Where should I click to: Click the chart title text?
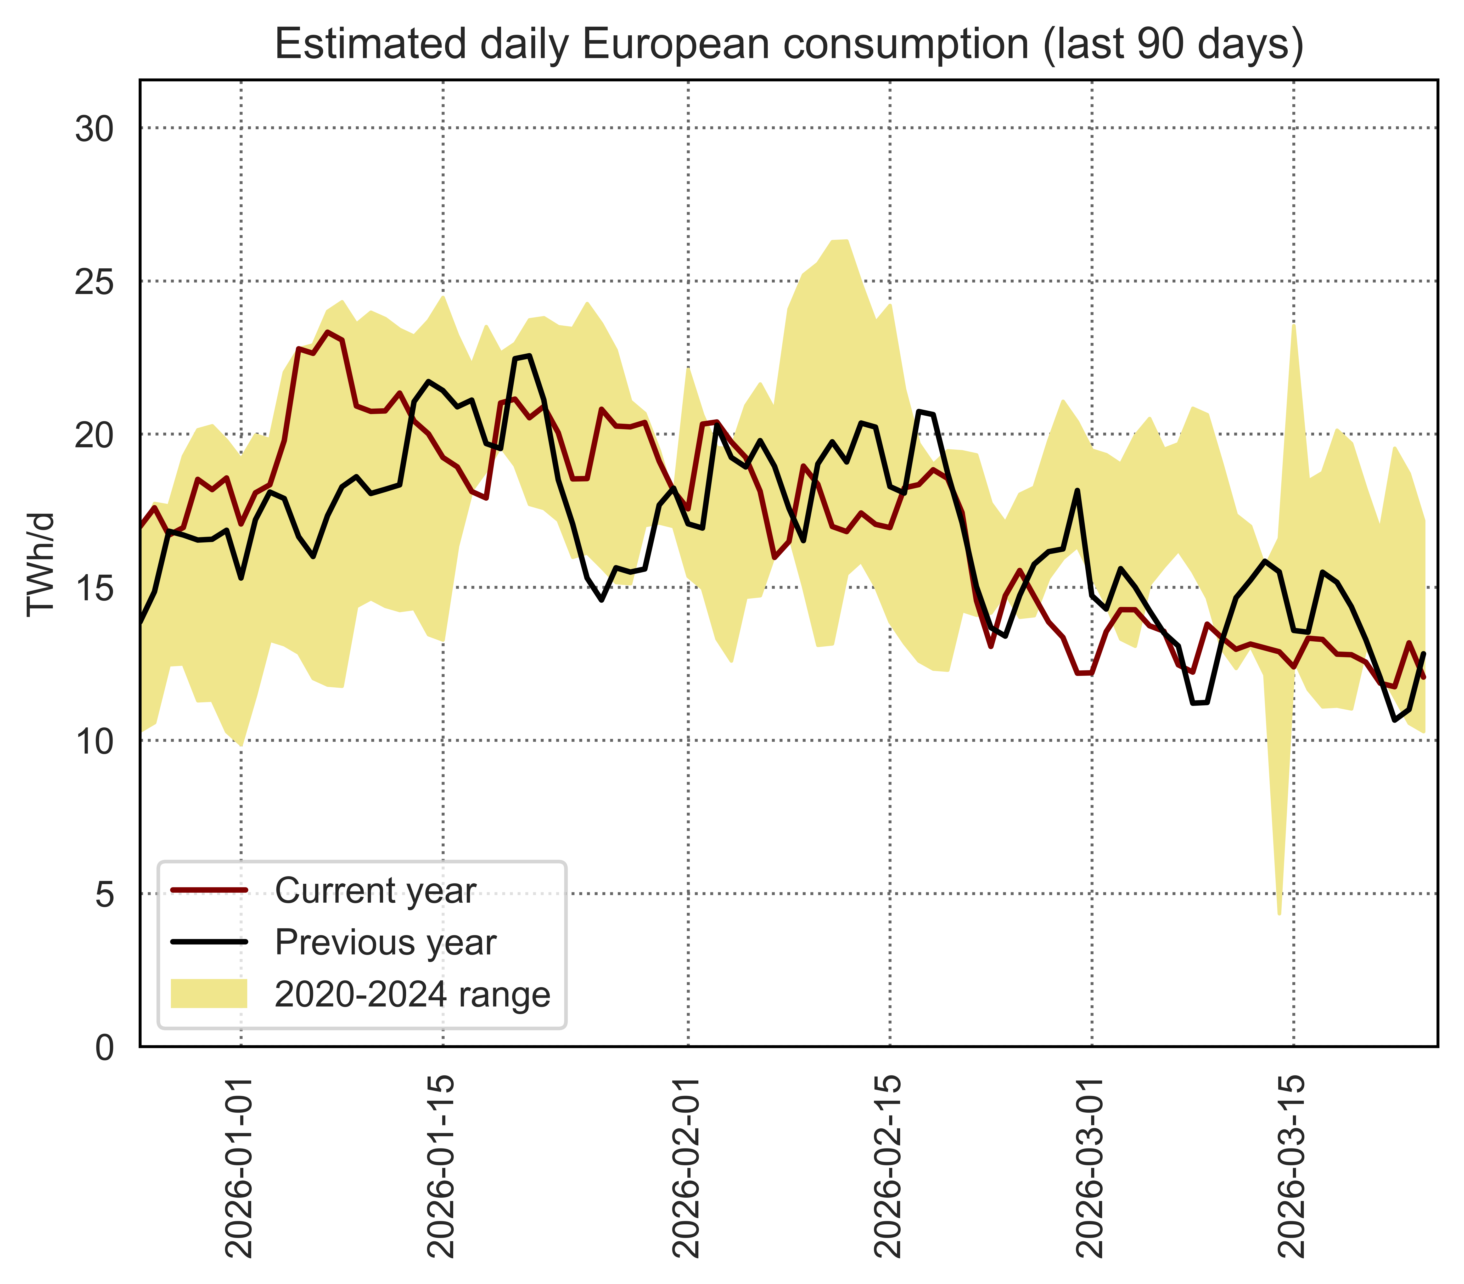point(789,44)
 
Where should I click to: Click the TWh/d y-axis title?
point(41,564)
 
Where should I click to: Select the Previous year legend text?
point(385,942)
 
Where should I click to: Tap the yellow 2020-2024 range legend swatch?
point(209,994)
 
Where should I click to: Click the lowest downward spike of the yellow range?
point(1279,912)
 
